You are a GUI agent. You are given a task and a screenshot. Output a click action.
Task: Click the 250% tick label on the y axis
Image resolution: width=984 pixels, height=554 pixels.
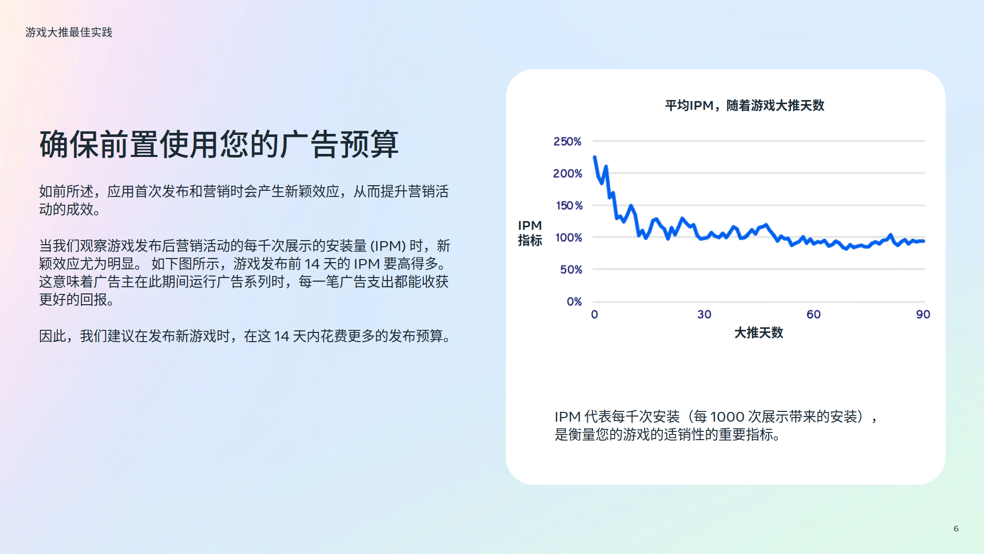point(567,141)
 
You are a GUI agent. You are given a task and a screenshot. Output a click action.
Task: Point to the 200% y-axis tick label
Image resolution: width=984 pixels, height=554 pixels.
point(567,173)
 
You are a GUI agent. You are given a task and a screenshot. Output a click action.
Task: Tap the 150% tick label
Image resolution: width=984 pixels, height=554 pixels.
point(569,205)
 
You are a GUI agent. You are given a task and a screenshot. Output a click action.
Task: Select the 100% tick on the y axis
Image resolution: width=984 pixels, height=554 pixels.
point(569,238)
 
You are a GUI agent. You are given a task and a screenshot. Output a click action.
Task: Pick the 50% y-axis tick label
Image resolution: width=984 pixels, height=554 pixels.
point(571,269)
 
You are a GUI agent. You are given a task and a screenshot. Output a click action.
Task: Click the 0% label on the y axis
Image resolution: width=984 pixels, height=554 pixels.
point(574,302)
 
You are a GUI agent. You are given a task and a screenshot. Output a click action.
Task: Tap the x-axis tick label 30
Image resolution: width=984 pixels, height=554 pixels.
point(704,314)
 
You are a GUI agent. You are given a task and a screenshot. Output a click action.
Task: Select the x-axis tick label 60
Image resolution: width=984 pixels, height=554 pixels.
point(814,314)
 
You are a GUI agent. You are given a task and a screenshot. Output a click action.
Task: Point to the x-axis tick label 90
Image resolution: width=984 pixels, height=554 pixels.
point(923,314)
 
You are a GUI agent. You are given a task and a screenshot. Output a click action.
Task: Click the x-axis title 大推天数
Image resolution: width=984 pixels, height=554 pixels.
point(758,333)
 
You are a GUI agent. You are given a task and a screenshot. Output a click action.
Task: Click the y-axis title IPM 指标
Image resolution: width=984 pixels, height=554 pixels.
point(530,233)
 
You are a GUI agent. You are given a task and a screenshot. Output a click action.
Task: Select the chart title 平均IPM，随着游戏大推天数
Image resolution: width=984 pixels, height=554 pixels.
point(745,106)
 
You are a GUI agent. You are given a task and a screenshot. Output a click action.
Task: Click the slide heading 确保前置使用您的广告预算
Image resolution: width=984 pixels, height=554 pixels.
point(219,144)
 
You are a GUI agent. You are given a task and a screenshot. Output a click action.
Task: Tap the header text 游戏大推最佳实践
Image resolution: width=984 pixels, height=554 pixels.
point(69,32)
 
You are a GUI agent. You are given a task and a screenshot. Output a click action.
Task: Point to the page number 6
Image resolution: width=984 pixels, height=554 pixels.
point(956,528)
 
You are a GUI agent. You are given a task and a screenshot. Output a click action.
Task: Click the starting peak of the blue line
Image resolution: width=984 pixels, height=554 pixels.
point(594,157)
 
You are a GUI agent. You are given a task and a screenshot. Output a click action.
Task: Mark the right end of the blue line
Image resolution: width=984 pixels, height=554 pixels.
point(924,241)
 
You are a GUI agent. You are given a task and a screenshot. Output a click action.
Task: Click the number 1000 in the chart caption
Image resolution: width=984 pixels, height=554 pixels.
point(727,417)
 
